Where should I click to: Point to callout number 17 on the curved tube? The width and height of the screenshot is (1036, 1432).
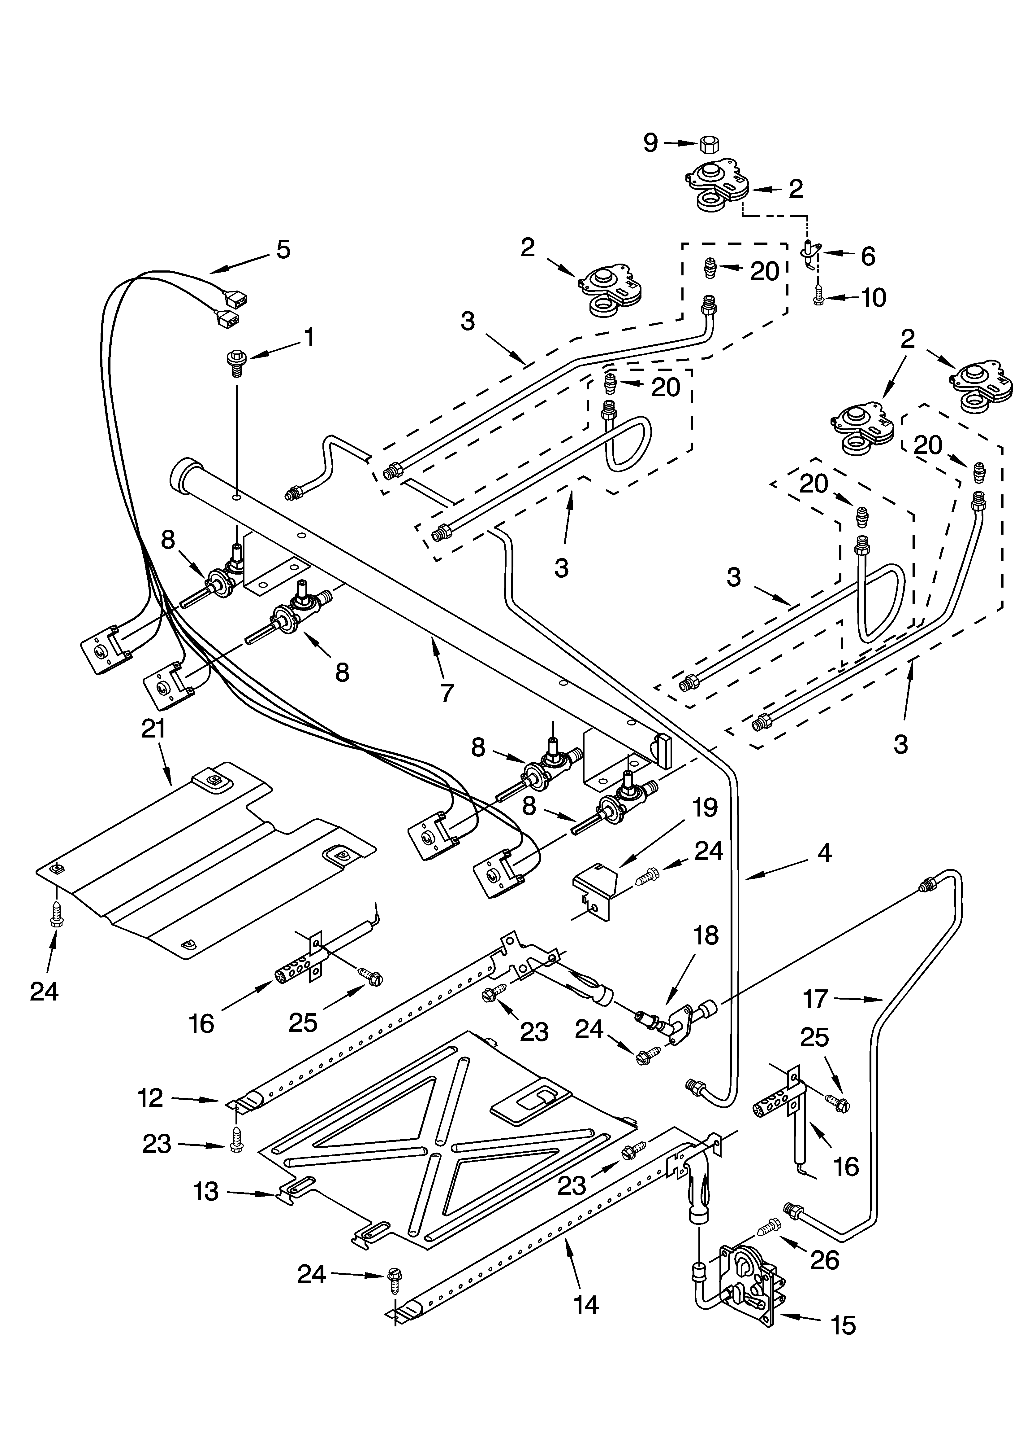(815, 998)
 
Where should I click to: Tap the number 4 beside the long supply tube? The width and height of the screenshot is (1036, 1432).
(823, 854)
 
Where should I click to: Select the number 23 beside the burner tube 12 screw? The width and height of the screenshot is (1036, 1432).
(157, 1143)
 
